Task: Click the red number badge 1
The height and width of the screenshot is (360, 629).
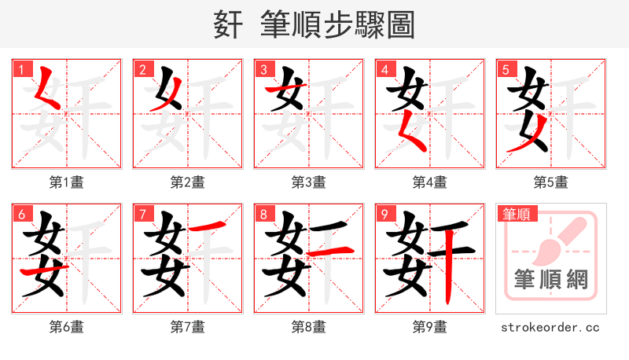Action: [x=21, y=70]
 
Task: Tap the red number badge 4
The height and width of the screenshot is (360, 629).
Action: [x=384, y=70]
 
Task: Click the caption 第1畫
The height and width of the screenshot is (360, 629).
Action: [x=66, y=182]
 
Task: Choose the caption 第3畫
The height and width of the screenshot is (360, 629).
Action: [x=308, y=182]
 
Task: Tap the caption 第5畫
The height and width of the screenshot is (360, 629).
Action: [x=550, y=182]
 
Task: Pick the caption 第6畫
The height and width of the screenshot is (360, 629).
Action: [x=66, y=327]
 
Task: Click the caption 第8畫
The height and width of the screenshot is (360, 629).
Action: [x=308, y=327]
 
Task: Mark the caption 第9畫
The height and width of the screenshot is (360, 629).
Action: [x=429, y=327]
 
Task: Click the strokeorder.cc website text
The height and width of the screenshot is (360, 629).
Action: [x=550, y=327]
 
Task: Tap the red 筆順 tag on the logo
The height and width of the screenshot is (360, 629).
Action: [x=517, y=214]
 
